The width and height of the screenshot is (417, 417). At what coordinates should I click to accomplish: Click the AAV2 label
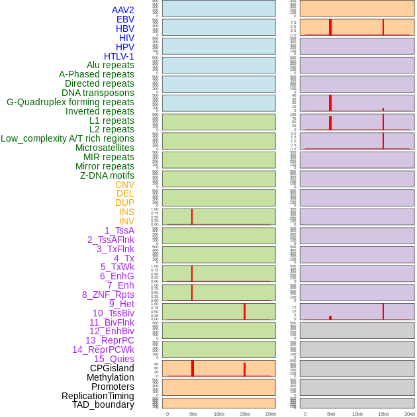pos(122,10)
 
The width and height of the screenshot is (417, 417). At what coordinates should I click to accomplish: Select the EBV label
pos(125,19)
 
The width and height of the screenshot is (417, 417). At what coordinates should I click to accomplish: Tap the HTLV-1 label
pos(118,56)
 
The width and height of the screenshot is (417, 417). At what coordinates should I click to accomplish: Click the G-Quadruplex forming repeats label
pos(70,102)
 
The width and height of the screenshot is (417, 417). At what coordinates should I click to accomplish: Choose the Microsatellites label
pos(105,148)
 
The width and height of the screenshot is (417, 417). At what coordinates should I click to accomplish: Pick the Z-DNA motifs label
pos(107,175)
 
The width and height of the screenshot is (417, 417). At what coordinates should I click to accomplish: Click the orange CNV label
pos(124,185)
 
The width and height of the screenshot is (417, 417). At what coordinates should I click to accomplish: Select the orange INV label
pos(126,221)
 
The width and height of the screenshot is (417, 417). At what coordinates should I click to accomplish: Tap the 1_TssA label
pos(119,230)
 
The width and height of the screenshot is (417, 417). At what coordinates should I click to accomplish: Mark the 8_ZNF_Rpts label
pos(108,295)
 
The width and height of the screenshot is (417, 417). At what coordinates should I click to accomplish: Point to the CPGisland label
pos(112,368)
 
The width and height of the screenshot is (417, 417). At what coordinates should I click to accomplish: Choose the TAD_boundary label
pos(103,404)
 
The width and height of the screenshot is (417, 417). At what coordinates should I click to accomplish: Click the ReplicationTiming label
pos(97,396)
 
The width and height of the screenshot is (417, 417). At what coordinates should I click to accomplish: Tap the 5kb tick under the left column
pos(193,414)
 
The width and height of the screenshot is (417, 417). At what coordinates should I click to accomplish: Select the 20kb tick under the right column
pos(409,414)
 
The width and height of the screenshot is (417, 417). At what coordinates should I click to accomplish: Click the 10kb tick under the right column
pos(357,414)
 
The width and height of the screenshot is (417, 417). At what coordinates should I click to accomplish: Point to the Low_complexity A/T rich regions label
pos(68,138)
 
